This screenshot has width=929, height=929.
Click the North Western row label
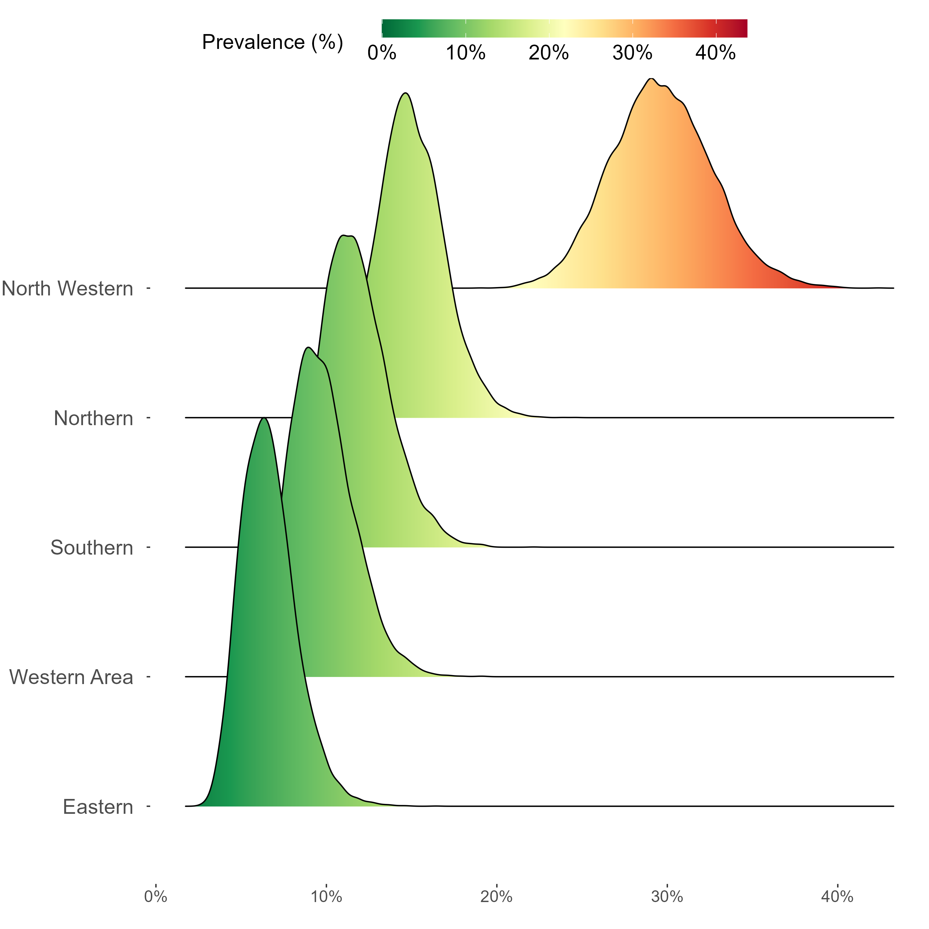tap(67, 289)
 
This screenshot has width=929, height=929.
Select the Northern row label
tap(93, 418)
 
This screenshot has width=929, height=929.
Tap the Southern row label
tap(92, 548)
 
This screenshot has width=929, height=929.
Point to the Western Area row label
tap(71, 677)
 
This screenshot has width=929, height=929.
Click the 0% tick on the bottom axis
tap(156, 897)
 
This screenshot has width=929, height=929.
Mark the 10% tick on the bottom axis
tap(326, 897)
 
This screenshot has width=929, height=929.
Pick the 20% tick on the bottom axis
tap(497, 897)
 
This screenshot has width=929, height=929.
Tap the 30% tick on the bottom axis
tap(667, 897)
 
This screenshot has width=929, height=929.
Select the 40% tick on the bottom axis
tap(838, 897)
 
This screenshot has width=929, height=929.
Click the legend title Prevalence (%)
tap(272, 42)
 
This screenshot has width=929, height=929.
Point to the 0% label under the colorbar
tap(382, 53)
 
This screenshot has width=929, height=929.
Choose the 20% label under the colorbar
tap(549, 53)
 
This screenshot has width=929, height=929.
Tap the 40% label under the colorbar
tap(716, 53)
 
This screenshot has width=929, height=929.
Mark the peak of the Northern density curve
tap(406, 93)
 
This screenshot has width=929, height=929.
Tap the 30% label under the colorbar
tap(632, 53)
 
